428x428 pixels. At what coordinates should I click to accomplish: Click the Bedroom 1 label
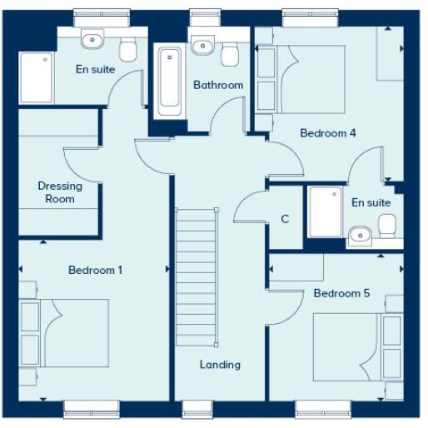tap(96, 270)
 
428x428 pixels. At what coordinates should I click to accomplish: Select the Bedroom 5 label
tap(341, 293)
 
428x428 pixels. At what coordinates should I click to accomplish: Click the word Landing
tap(220, 364)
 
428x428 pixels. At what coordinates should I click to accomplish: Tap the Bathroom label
tap(218, 85)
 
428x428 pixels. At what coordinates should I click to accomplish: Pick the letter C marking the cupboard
tap(285, 220)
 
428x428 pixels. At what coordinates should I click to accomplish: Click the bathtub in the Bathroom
tap(170, 81)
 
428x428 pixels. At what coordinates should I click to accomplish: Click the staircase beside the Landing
tap(196, 275)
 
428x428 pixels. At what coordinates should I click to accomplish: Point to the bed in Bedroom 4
tap(313, 79)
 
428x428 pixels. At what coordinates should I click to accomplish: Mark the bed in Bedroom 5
tap(346, 346)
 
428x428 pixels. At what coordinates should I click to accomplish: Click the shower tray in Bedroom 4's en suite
tap(324, 212)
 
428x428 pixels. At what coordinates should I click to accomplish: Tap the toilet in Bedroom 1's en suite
tap(127, 51)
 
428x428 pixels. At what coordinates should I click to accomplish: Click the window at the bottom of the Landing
tap(198, 407)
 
